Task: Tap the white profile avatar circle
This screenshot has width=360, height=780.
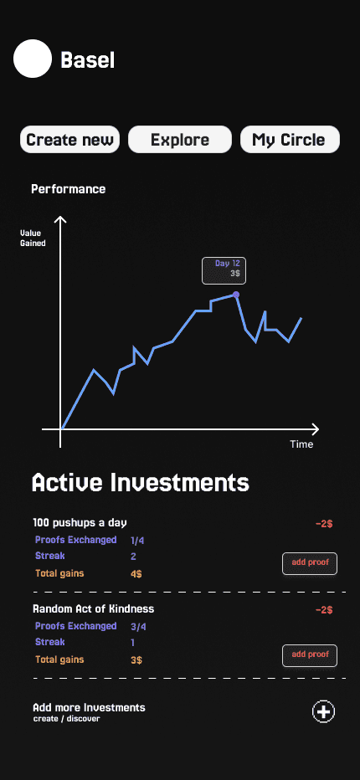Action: (33, 59)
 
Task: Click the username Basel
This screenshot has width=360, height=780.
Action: (88, 61)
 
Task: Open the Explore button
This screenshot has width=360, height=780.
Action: (180, 139)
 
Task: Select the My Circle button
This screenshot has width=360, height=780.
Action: (290, 139)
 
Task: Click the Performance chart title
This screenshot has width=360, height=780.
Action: (68, 189)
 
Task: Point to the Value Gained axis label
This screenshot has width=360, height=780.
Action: (33, 239)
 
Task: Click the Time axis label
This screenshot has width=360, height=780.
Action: (301, 444)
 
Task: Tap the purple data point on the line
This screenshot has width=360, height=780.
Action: (236, 295)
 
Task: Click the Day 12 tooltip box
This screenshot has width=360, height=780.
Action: (224, 270)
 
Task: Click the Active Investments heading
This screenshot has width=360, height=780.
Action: (141, 483)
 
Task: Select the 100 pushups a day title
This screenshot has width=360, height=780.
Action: (80, 523)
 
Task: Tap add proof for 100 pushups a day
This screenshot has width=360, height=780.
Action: (310, 563)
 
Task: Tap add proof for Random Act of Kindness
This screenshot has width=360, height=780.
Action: (310, 655)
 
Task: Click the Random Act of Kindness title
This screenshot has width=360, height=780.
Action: (94, 609)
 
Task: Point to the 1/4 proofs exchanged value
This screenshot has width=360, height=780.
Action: (137, 541)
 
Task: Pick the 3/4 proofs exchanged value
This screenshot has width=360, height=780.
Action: (138, 627)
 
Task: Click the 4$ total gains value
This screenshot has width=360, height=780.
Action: (136, 574)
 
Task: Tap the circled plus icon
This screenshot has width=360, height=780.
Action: (324, 712)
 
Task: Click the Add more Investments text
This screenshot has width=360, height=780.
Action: (89, 707)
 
